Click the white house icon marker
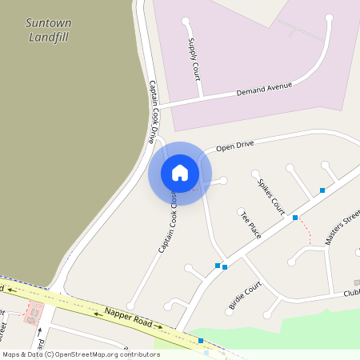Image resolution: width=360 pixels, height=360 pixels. (x=180, y=173)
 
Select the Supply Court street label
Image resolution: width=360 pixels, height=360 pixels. (x=194, y=58)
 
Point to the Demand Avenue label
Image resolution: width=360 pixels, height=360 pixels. (x=265, y=87)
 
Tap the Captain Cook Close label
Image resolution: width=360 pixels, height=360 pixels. (x=169, y=227)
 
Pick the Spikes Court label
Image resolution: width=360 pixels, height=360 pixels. (x=271, y=196)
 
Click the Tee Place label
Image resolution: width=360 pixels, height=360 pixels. (x=250, y=224)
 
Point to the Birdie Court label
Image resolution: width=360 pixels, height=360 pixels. (x=245, y=295)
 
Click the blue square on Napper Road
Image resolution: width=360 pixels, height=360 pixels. (x=201, y=341)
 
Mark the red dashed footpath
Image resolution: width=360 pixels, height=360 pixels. (x=305, y=231)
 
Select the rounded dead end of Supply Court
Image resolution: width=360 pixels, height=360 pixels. (x=186, y=21)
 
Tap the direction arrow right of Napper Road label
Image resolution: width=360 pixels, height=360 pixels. (x=159, y=326)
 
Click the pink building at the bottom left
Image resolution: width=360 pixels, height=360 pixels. (x=33, y=313)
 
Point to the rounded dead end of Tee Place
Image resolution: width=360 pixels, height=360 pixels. (x=241, y=212)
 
